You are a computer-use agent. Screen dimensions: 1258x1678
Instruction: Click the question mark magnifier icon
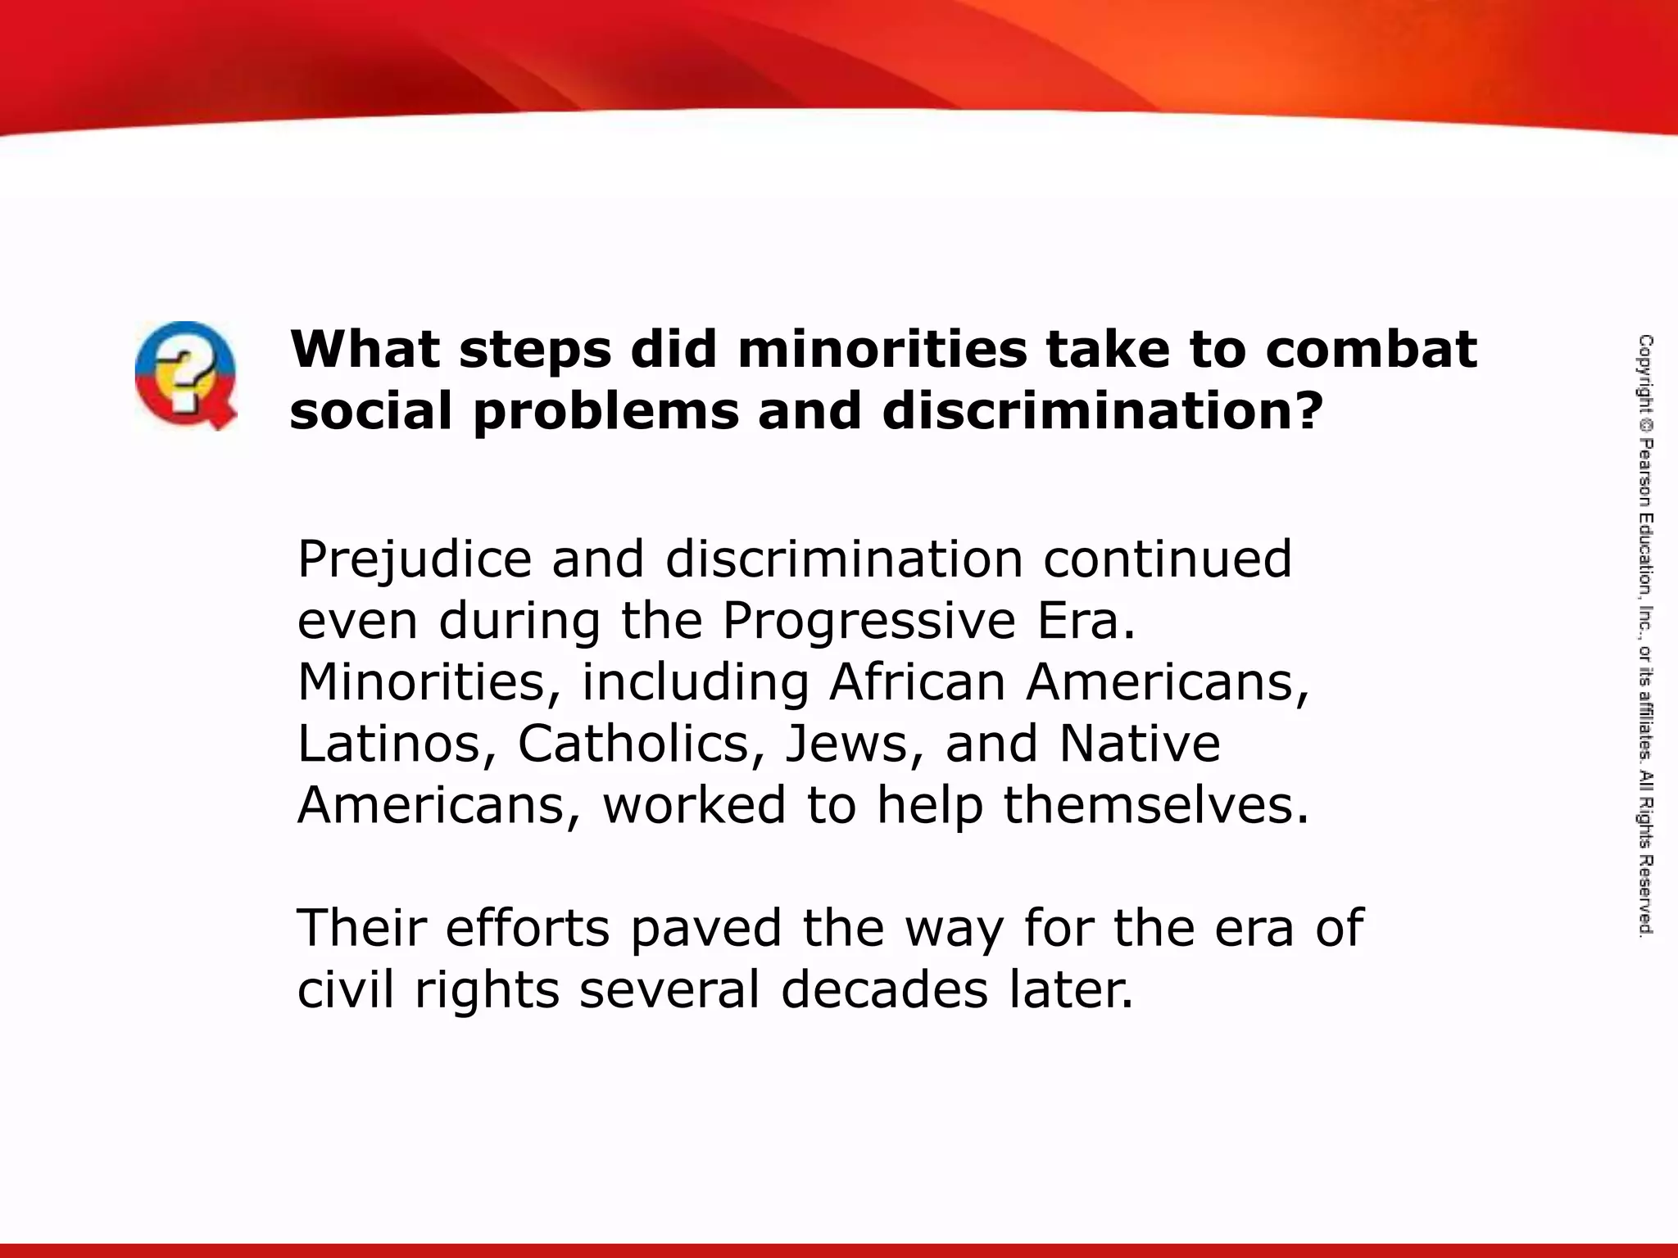click(186, 375)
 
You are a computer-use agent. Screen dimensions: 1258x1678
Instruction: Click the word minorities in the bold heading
click(882, 349)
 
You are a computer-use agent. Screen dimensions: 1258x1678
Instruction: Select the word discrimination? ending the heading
click(1103, 411)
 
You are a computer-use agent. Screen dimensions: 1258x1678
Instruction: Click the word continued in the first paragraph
click(1167, 559)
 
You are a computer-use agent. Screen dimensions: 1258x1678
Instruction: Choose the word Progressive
click(869, 622)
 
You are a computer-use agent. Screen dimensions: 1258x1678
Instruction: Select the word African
click(917, 682)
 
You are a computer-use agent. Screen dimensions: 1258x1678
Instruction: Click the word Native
click(1140, 744)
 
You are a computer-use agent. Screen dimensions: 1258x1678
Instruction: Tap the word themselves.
click(1157, 805)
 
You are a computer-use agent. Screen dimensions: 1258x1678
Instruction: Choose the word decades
click(885, 989)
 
